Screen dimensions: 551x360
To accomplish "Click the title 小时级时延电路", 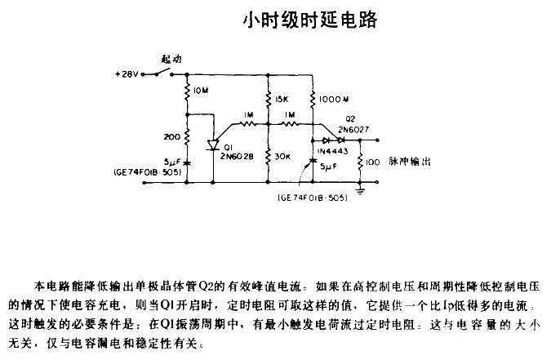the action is [x=310, y=20].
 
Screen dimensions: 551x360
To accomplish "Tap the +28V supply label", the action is [x=127, y=74].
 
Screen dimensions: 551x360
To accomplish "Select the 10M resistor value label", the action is [x=201, y=91].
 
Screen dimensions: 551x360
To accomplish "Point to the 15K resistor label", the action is [x=282, y=100].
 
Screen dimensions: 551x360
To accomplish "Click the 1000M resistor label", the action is [x=334, y=100].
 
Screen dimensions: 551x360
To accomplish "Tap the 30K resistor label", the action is [x=282, y=157].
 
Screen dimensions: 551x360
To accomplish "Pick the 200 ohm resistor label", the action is [x=172, y=137].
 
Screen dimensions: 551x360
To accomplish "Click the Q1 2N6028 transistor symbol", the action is [x=213, y=145].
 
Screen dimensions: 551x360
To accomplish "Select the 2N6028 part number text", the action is [x=237, y=156].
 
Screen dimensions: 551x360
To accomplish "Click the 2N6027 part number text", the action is [x=353, y=130].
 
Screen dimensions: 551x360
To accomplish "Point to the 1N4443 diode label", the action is [x=332, y=151].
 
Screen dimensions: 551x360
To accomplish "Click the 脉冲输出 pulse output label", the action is [x=410, y=162].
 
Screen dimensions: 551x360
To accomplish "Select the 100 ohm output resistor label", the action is [x=372, y=162].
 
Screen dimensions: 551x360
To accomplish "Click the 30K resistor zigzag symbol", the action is [x=268, y=156].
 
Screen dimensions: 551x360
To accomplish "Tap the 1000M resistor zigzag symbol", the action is [x=313, y=99].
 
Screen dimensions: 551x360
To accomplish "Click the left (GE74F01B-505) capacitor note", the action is [x=148, y=172].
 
